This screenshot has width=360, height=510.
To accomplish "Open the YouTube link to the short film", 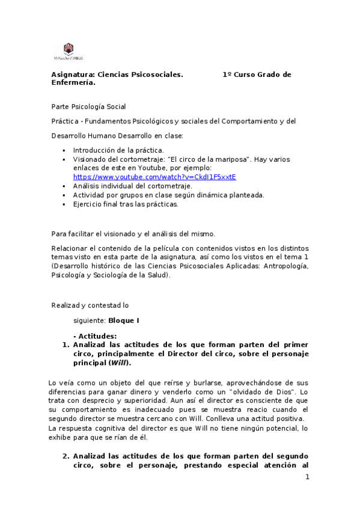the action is (x=154, y=177).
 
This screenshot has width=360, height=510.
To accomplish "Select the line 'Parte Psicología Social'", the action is (x=88, y=106).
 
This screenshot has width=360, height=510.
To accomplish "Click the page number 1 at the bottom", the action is (x=307, y=478).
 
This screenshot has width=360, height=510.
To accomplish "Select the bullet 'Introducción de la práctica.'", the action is (x=118, y=150).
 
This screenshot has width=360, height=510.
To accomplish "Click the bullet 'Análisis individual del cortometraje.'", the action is (x=132, y=186).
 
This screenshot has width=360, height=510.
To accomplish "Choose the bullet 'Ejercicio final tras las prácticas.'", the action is (x=126, y=204).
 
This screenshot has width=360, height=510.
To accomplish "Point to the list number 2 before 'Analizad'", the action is (x=66, y=456).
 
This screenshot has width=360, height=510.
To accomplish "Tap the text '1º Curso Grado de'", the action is (x=257, y=75).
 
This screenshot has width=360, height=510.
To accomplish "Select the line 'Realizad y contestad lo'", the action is (x=90, y=305).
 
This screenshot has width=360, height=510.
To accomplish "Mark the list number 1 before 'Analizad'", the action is (x=66, y=345).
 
